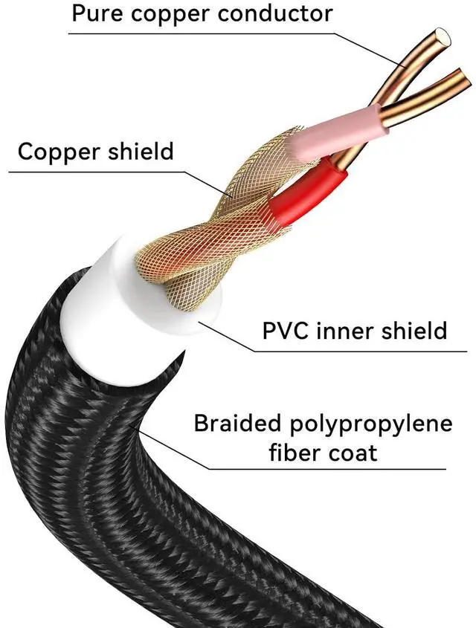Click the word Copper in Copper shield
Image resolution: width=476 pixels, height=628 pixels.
click(58, 152)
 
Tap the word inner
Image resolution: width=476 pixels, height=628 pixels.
click(354, 329)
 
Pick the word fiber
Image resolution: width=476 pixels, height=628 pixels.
click(297, 452)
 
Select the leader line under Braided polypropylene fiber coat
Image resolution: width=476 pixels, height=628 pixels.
click(320, 469)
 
